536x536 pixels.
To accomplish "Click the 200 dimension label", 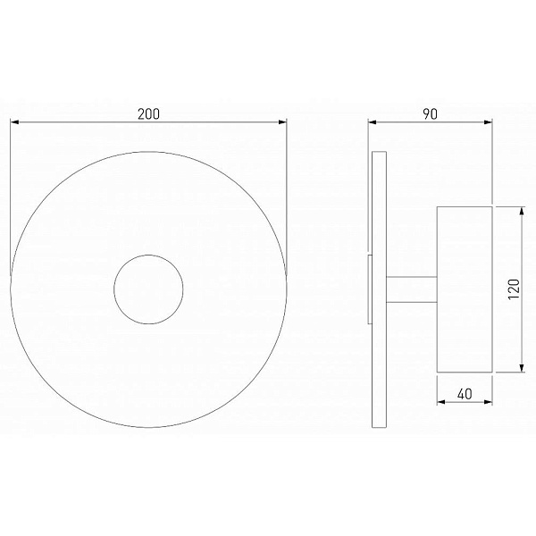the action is coord(148,113).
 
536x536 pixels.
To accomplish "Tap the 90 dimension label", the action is coord(430,113).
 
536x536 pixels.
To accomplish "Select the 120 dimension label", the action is coord(514,289).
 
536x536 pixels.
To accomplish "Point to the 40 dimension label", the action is coord(465,394).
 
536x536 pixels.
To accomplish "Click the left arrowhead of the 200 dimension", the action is coord(14,122).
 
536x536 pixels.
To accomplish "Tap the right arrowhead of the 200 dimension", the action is coord(282,122).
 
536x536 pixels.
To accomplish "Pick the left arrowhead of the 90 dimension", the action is coord(373,122).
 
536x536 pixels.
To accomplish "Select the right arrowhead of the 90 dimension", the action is coord(488,122).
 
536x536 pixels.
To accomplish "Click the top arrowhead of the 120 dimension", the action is coord(522,211).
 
